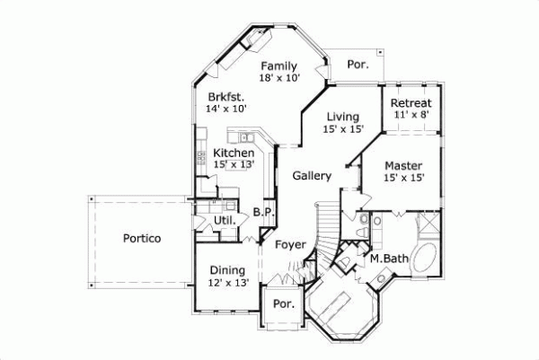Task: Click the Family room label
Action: pos(278,66)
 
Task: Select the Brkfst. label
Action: pos(225,96)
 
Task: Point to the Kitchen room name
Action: pos(233,154)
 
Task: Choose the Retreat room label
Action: pos(411,103)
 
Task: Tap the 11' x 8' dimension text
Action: pos(411,115)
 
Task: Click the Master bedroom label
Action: pos(404,166)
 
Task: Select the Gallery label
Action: pos(312,176)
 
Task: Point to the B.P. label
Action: pos(263,213)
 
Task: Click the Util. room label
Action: pos(225,220)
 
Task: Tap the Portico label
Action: pos(142,239)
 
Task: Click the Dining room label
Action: pos(228,271)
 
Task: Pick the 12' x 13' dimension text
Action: pos(228,284)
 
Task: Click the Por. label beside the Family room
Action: pos(357,65)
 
